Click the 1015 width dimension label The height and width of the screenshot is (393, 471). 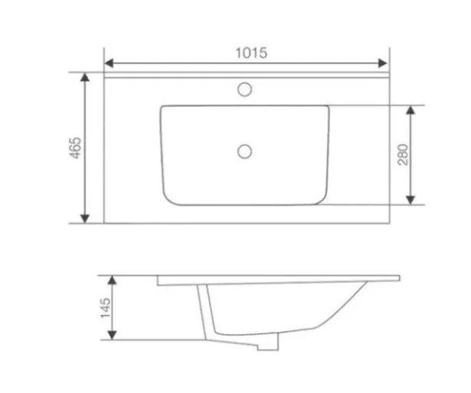tap(251, 53)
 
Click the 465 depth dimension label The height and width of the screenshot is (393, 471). tap(75, 148)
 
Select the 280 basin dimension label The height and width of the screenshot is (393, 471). tap(403, 154)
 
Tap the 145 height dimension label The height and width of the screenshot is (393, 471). tap(106, 308)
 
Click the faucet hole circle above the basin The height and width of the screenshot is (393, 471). tap(244, 89)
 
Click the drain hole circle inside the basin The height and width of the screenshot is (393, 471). tap(244, 151)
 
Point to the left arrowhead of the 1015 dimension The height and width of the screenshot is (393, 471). tap(109, 63)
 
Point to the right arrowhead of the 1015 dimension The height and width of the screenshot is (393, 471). tap(382, 63)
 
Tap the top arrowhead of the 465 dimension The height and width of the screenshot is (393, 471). tap(85, 77)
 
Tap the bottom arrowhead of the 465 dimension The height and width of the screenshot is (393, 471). tap(85, 219)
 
